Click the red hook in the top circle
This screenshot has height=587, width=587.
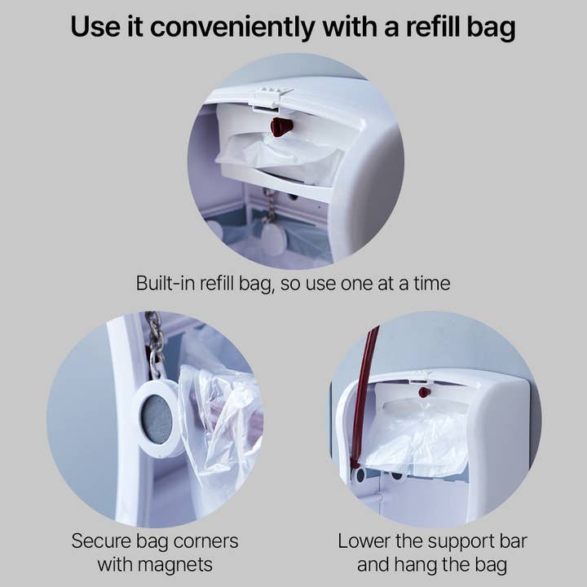pyautogui.click(x=281, y=126)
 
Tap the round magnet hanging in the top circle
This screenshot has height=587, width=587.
pyautogui.click(x=273, y=237)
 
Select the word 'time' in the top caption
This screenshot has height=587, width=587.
pyautogui.click(x=428, y=284)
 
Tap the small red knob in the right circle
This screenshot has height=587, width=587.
pyautogui.click(x=424, y=392)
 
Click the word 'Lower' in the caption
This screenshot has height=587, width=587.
pyautogui.click(x=364, y=541)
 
